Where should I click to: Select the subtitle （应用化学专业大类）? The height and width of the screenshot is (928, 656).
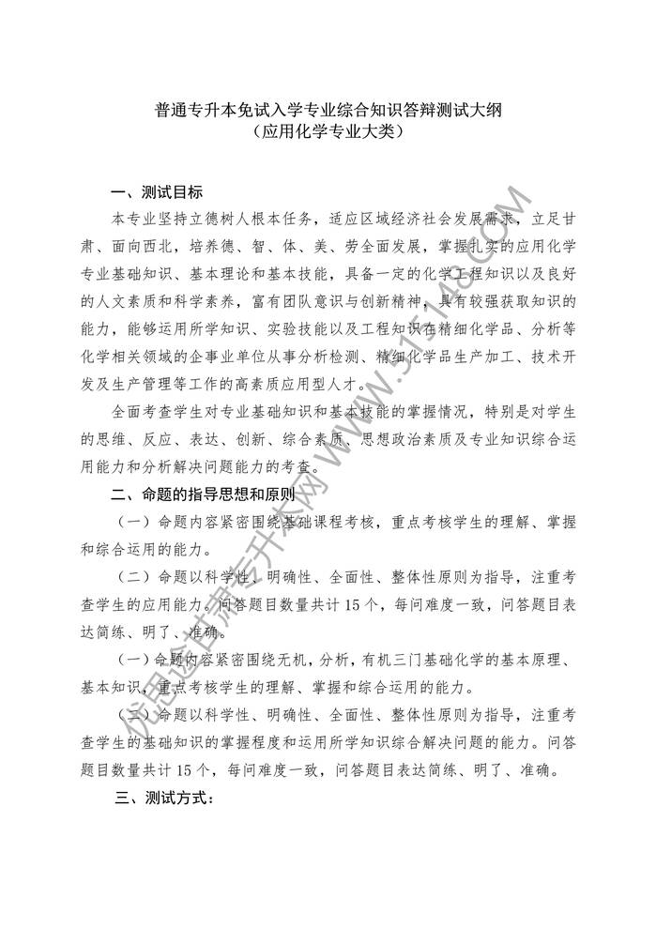[x=328, y=135]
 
